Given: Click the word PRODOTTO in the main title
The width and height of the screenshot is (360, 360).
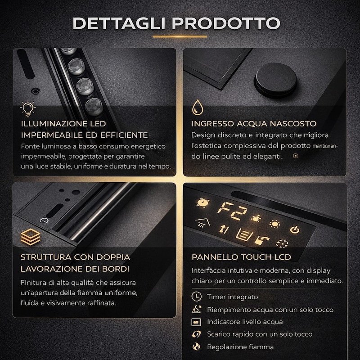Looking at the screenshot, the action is tap(226, 23).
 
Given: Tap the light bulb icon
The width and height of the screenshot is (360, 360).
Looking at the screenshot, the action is tap(28, 108).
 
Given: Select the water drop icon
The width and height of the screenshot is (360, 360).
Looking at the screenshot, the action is tap(198, 107).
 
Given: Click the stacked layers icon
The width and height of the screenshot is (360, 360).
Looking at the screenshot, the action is tap(31, 237).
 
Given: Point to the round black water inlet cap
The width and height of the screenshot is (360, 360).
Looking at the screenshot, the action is tap(275, 80).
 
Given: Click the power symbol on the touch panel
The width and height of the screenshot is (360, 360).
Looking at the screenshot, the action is tap(295, 229).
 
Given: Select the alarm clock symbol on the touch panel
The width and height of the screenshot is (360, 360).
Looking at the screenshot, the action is tap(203, 203).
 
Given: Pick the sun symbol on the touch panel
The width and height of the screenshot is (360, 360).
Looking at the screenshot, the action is tap(274, 224).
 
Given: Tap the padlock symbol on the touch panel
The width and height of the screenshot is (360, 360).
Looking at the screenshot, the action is tap(261, 240).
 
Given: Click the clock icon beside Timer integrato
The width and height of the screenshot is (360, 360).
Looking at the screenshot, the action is tap(197, 297).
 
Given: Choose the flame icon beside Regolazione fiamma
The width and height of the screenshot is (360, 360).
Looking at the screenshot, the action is tap(196, 346).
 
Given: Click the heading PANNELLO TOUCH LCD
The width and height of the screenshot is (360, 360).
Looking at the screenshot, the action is tap(241, 257).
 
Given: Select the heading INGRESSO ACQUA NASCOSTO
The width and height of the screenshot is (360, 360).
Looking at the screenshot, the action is tap(254, 124).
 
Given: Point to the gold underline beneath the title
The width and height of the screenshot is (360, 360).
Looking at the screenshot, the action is tap(180, 36).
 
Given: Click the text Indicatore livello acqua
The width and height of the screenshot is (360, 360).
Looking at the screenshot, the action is tap(245, 322).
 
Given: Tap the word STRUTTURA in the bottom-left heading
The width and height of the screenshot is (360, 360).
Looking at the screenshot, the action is tap(46, 257).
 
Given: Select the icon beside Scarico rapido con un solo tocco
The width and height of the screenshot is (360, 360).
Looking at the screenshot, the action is tap(196, 334).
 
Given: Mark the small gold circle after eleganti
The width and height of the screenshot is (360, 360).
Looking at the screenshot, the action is tap(296, 156).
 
